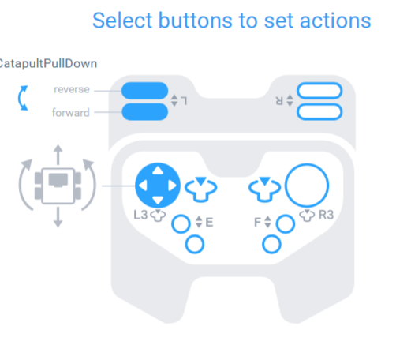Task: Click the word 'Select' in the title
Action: coord(120,20)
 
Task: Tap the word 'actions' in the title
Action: coord(332,20)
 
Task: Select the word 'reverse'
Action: coord(72,90)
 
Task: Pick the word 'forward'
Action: coord(72,112)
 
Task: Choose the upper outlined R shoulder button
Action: coord(319,92)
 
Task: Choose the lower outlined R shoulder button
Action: coord(319,111)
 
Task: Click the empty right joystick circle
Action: coord(306,186)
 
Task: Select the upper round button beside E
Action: coord(181,224)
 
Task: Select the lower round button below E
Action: coord(193,246)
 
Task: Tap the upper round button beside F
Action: coord(285,224)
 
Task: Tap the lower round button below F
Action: coord(272,246)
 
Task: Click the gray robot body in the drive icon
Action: coord(58,182)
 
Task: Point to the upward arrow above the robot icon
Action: coord(58,151)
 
